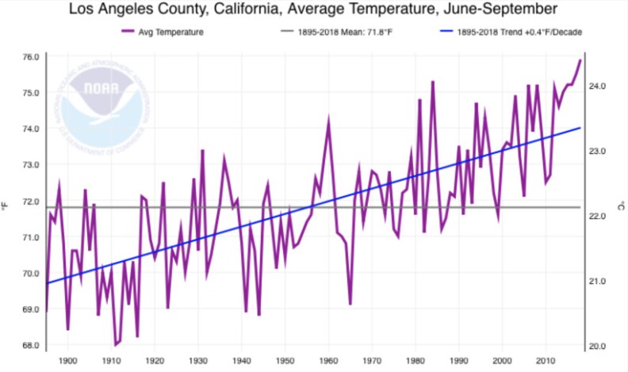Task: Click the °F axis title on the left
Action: pos(6,206)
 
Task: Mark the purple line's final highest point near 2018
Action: pos(580,60)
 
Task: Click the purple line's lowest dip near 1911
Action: pos(116,344)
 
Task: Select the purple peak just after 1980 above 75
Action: pos(433,82)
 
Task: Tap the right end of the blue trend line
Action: pos(580,128)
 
